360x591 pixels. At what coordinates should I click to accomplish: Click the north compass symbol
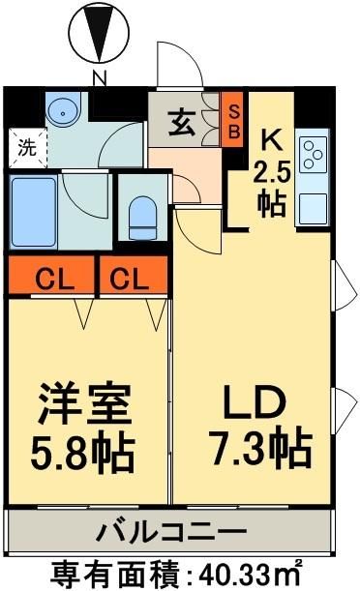click(99, 33)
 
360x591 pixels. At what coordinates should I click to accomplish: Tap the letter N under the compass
click(99, 77)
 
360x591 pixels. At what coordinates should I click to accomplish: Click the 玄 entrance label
click(183, 124)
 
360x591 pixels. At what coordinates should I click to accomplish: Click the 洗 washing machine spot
click(26, 148)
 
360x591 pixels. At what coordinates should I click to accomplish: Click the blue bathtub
click(35, 211)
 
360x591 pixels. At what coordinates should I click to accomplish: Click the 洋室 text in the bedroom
click(84, 403)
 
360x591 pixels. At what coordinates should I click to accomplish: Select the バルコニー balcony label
click(171, 531)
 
